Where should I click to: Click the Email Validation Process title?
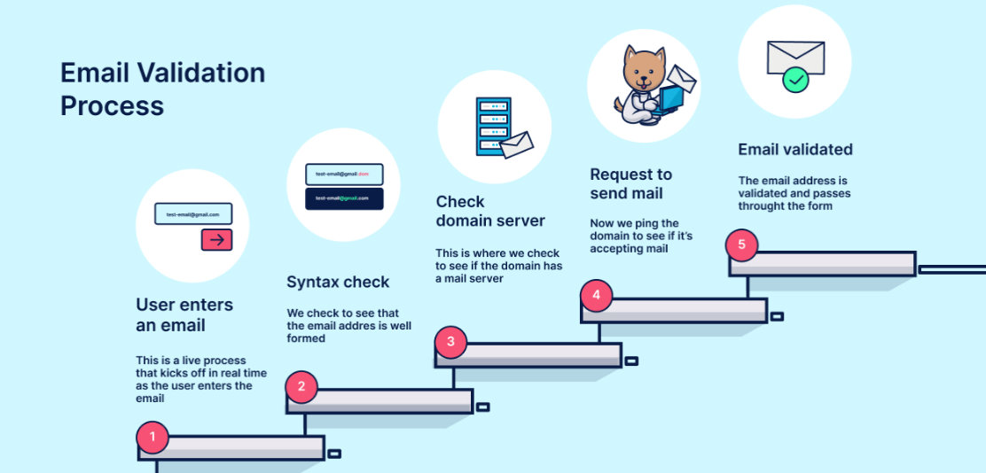(x=162, y=89)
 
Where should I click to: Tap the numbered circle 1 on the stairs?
(x=153, y=437)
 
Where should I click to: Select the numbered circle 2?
(x=301, y=386)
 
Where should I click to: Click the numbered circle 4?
(x=596, y=295)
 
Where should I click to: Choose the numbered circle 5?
(x=741, y=244)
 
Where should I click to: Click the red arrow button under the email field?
(x=216, y=239)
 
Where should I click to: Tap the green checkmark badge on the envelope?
(x=795, y=81)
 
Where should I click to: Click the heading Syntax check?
(x=338, y=283)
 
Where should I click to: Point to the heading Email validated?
(x=795, y=150)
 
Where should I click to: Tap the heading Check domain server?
(x=490, y=211)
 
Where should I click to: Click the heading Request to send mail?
(x=631, y=184)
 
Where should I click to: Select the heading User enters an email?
(x=184, y=315)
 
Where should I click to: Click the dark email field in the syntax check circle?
(x=344, y=198)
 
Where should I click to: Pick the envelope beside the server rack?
(x=516, y=144)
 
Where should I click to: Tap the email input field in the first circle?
(x=193, y=214)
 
